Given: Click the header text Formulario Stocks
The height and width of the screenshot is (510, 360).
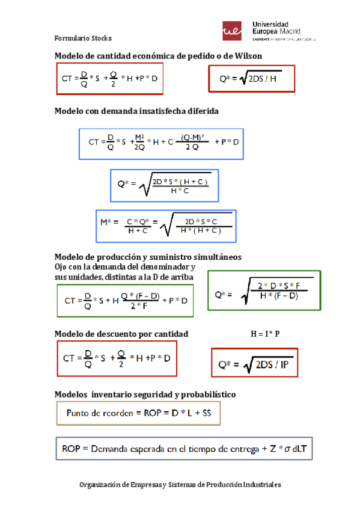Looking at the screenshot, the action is pos(83,38).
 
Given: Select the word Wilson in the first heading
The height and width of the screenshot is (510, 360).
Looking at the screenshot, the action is pos(248,56).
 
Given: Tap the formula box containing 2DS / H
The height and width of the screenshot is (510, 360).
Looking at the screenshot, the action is pos(251,79).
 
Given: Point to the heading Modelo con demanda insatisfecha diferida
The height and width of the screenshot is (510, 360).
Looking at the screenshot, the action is pos(136,111).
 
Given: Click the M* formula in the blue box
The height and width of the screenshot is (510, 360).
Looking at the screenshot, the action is pos(166,225).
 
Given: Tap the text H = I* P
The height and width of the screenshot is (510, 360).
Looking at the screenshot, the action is pos(265,334).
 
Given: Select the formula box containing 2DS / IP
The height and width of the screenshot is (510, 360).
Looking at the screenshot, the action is pos(255,364).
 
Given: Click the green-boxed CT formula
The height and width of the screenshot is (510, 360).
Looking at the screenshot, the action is pos(126,300).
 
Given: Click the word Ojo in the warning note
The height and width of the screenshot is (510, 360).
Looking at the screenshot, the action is pos(61,266).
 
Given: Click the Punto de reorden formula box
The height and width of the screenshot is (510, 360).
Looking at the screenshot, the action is pos(138,413).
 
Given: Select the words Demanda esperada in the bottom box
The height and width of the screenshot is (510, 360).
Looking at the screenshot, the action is pos(124,449).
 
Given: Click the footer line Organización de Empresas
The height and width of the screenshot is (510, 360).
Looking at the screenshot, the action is pos(180,485).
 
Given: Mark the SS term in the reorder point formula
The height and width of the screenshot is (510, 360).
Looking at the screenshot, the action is pos(206,413).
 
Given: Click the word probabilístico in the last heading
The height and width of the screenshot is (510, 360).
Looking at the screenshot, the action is pos(204,395).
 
